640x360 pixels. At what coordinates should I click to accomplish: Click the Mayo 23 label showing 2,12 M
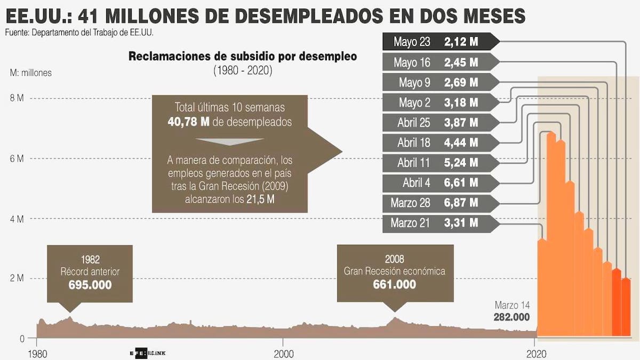point(441,42)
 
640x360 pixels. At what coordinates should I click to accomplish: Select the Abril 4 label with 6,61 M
point(441,183)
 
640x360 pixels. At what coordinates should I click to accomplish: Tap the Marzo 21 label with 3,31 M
point(441,223)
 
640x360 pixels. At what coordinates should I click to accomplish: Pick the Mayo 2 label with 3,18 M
point(441,102)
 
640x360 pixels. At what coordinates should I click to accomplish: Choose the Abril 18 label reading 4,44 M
point(441,142)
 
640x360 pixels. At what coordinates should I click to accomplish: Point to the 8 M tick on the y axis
point(17,98)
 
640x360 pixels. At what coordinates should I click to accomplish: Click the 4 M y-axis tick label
point(17,219)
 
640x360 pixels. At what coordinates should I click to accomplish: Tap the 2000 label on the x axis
point(283,354)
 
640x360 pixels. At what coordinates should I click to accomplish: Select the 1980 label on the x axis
point(37,354)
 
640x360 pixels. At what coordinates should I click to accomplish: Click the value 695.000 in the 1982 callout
point(90,285)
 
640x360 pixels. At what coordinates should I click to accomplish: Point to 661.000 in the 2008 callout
point(395,284)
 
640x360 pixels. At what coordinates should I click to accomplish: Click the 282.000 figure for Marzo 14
point(511,317)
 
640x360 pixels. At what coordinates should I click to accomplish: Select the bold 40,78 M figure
point(189,122)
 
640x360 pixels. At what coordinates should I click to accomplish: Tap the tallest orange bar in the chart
point(551,234)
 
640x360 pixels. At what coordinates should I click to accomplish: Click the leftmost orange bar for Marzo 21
point(542,287)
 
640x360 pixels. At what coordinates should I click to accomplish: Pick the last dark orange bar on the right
point(626,307)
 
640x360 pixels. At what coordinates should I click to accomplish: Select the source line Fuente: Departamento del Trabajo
point(79,33)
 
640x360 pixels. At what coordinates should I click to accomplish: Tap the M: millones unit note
point(31,73)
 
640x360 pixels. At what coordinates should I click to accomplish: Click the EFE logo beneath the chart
point(148,353)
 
